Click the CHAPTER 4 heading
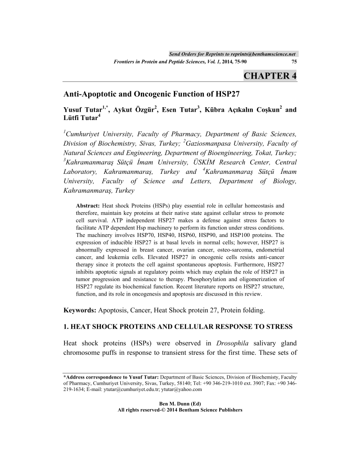[270, 75]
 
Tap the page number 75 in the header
[294, 62]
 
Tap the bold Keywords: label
[80, 310]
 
